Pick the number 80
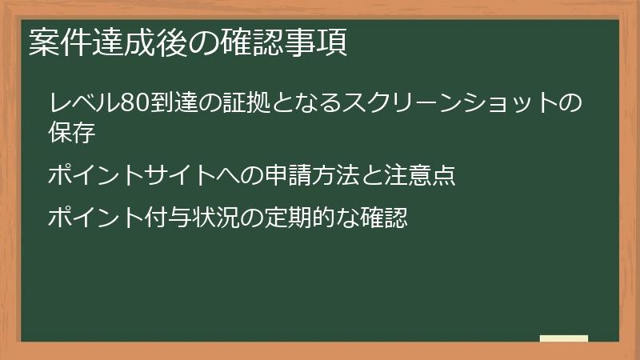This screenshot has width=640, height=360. coord(131,104)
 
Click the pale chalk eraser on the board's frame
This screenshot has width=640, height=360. coord(564,338)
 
